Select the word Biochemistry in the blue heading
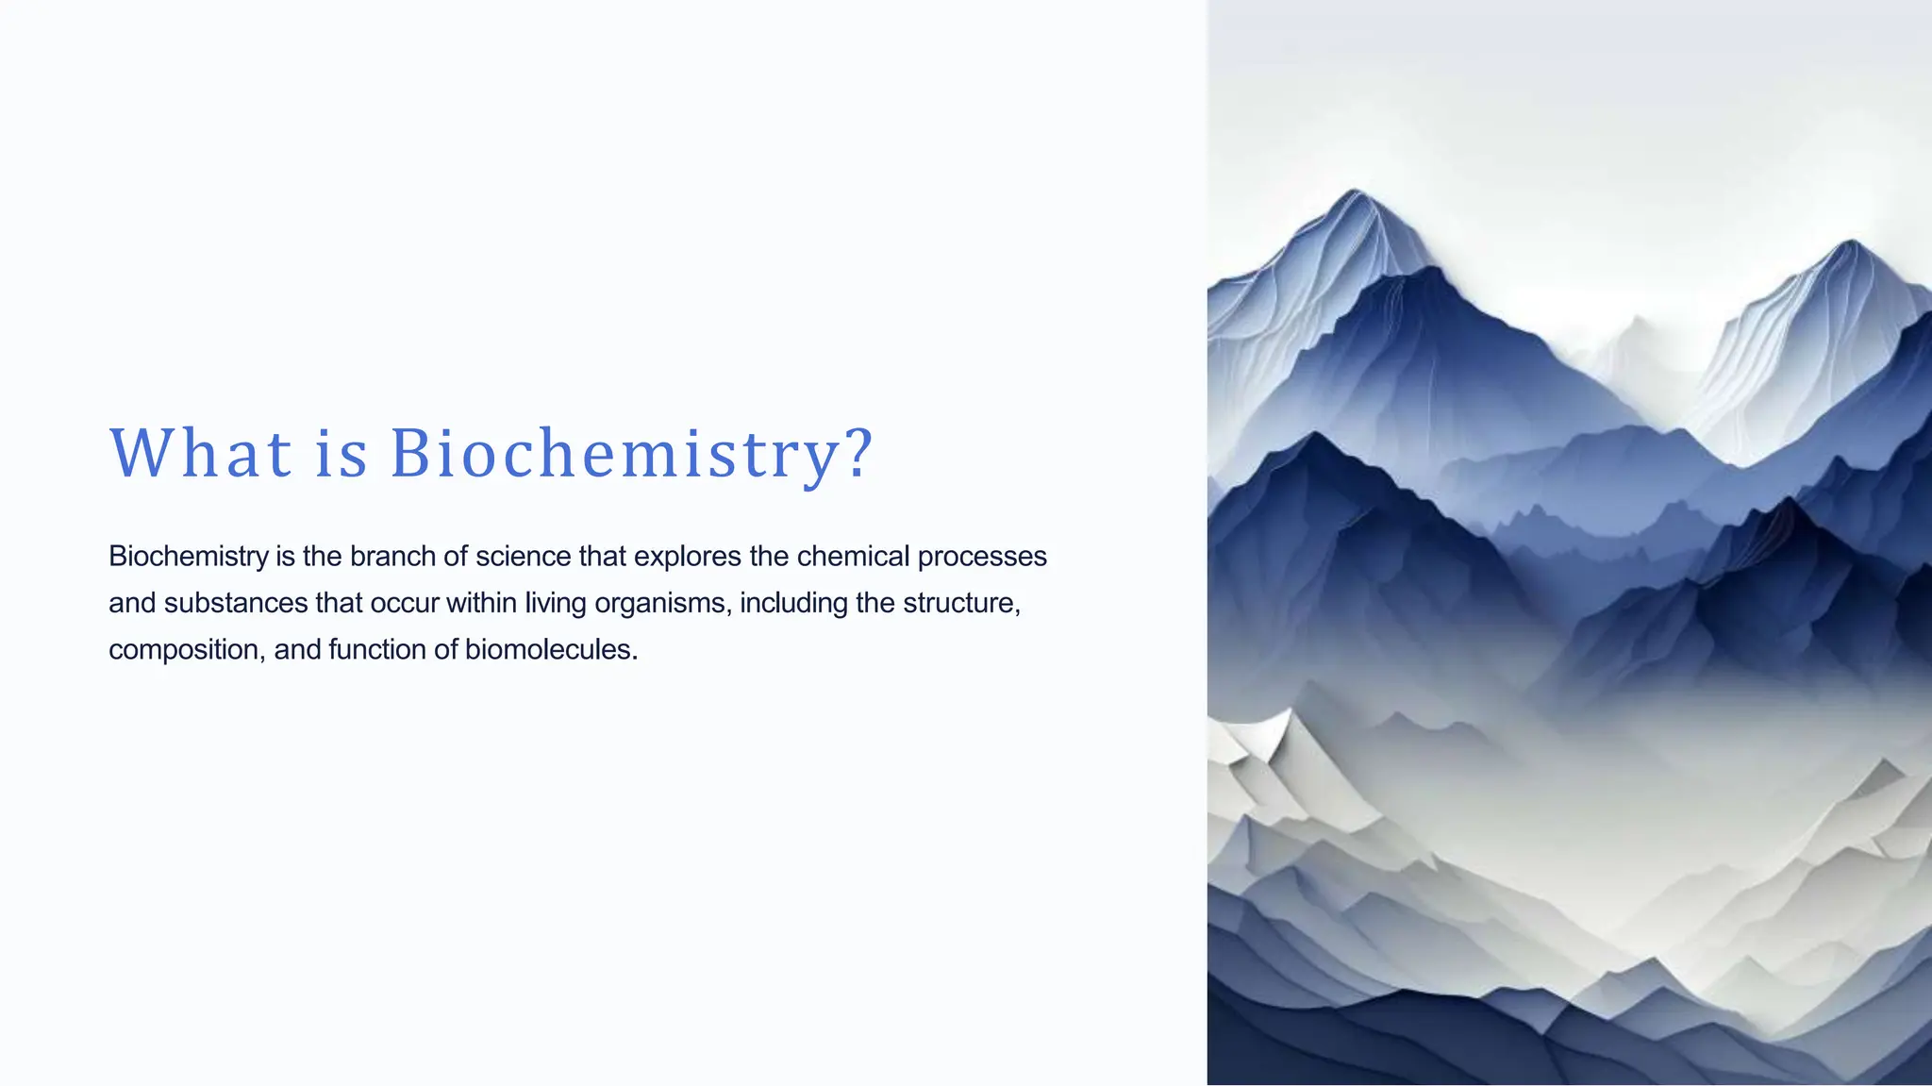coord(614,454)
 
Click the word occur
coord(404,603)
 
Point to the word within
coord(481,603)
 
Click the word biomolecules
coord(551,650)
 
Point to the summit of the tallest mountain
coord(1356,191)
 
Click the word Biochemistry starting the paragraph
coord(189,557)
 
